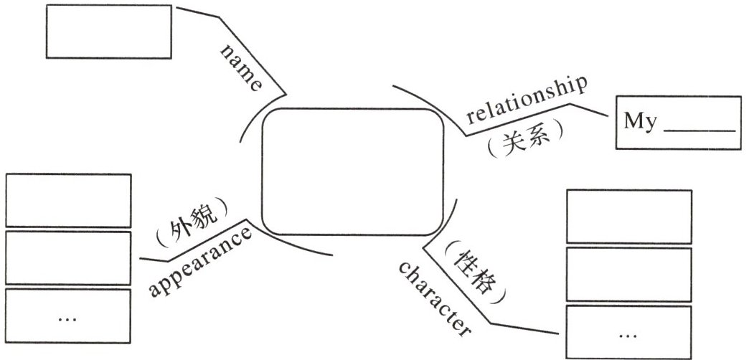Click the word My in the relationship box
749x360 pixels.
tap(640, 121)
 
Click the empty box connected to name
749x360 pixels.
tap(109, 32)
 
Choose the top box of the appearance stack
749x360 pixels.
tap(68, 201)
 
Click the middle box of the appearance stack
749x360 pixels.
tap(68, 257)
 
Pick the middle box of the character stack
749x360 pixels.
tap(629, 274)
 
